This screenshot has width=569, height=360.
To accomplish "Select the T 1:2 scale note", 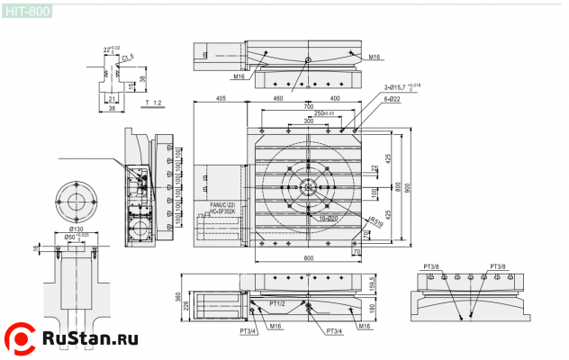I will pos(152,104).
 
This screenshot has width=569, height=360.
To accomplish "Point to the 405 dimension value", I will pos(220,98).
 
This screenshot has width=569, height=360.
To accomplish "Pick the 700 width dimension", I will pos(309,106).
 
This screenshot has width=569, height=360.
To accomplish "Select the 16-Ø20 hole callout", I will pos(327,219).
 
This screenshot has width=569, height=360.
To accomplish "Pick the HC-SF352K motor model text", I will pos(225,212).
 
